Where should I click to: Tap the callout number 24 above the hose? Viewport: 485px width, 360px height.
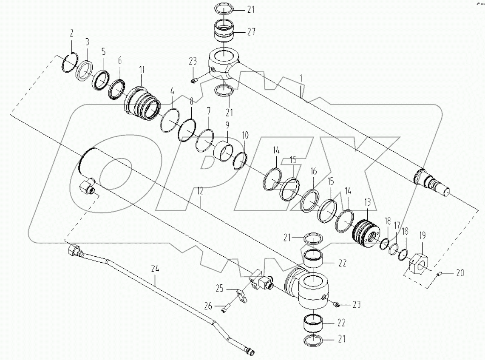[155, 268]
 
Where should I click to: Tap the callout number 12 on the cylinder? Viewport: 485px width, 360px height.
[200, 192]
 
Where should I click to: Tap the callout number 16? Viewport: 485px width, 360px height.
[313, 172]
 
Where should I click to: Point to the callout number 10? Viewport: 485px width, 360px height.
[245, 135]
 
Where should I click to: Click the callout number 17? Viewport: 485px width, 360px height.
[397, 226]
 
